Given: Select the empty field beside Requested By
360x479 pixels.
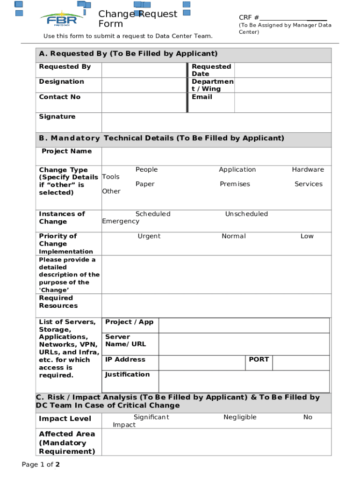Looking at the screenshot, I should pyautogui.click(x=144, y=70).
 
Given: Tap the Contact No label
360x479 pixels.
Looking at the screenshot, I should pyautogui.click(x=60, y=97).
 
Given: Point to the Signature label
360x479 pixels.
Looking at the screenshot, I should pyautogui.click(x=57, y=116).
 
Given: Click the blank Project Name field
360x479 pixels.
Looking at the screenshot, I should pyautogui.click(x=216, y=156).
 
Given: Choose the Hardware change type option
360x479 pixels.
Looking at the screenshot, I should pyautogui.click(x=308, y=169).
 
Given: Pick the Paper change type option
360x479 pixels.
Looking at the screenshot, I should pyautogui.click(x=145, y=184).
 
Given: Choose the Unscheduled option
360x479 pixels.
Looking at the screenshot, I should pyautogui.click(x=246, y=214).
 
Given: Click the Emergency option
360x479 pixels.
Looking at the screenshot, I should pyautogui.click(x=121, y=221).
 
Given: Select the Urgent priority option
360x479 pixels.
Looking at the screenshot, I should pyautogui.click(x=149, y=236).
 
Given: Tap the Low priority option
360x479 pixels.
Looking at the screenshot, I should pyautogui.click(x=307, y=236).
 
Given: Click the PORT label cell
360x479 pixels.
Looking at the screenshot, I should pyautogui.click(x=259, y=359).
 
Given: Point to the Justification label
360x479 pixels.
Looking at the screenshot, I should pyautogui.click(x=127, y=374).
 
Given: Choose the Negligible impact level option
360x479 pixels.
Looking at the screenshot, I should pyautogui.click(x=240, y=417).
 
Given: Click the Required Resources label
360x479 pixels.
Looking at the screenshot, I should pyautogui.click(x=58, y=302).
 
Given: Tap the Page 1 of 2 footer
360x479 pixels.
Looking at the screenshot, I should pyautogui.click(x=41, y=464).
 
